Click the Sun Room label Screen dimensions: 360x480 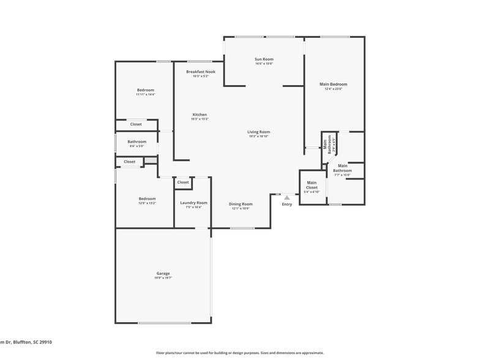click(x=264, y=59)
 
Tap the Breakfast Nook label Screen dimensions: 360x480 click(x=201, y=72)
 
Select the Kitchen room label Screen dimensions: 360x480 click(x=200, y=114)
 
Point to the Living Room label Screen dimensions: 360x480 click(x=258, y=132)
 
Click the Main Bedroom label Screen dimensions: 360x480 click(x=333, y=84)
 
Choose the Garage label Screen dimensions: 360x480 click(x=163, y=273)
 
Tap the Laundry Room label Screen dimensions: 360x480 click(x=193, y=203)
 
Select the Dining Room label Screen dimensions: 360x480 click(x=241, y=204)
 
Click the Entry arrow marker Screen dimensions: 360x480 click(x=287, y=197)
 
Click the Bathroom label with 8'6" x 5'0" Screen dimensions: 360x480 click(x=137, y=141)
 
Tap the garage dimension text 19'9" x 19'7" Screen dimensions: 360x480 click(x=163, y=278)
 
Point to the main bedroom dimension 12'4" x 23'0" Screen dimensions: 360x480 click(x=333, y=89)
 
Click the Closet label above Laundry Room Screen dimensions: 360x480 click(x=183, y=182)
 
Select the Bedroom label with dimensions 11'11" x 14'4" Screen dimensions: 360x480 click(x=146, y=90)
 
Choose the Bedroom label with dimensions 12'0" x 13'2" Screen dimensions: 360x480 click(x=147, y=198)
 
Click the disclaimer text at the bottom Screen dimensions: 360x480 click(x=239, y=353)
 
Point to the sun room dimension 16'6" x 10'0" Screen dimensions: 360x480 click(x=264, y=64)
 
